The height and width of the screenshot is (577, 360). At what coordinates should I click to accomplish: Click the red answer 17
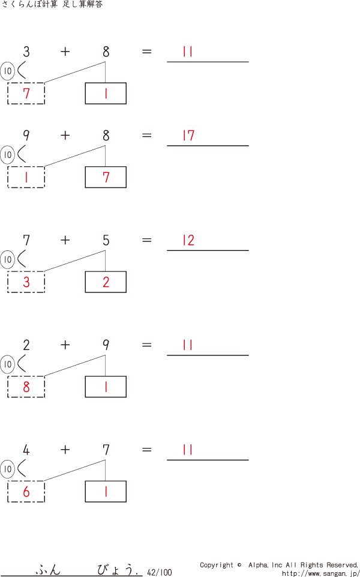click(188, 136)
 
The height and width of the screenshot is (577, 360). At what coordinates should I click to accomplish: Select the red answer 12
click(188, 241)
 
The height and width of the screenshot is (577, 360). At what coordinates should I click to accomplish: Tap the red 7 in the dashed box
click(26, 94)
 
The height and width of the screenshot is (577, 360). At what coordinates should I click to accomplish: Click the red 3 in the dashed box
click(26, 282)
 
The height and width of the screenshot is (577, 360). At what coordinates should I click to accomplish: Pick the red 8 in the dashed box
click(26, 387)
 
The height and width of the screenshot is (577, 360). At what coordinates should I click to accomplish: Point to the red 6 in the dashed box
click(26, 492)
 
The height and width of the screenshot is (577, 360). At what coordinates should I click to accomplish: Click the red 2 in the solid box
click(106, 282)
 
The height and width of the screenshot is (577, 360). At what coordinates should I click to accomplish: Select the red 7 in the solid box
click(106, 178)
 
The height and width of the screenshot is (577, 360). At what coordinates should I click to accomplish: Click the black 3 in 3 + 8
click(26, 52)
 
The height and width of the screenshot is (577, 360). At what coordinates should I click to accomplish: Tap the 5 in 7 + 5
click(106, 241)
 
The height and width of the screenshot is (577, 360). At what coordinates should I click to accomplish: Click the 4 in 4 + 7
click(26, 450)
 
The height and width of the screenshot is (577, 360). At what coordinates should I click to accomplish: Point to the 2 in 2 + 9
click(26, 345)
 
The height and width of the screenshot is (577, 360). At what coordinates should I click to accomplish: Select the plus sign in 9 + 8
click(65, 136)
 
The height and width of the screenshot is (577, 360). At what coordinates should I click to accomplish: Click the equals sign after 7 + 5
click(146, 241)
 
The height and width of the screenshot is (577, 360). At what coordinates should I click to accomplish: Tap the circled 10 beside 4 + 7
click(7, 469)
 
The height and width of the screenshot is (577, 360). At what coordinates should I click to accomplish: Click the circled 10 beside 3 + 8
click(7, 72)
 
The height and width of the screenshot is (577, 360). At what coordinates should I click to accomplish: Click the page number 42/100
click(159, 572)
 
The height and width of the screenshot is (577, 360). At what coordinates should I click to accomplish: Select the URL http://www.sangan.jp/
click(320, 573)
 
